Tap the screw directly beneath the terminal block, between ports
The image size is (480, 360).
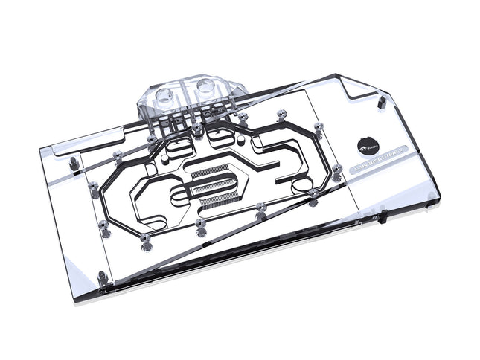pos(196,131)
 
